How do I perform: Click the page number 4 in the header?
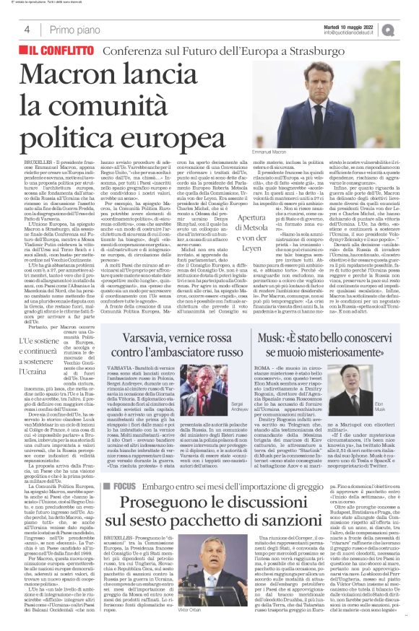(x=27, y=30)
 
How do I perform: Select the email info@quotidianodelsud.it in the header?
(x=355, y=33)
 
